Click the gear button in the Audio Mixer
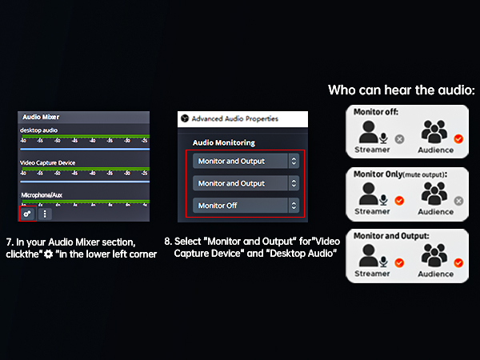click(x=27, y=214)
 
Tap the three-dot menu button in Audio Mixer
click(x=46, y=214)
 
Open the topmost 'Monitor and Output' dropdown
click(x=246, y=161)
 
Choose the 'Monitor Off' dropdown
click(x=246, y=206)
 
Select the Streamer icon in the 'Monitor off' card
click(x=371, y=133)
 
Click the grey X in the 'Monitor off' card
click(x=399, y=138)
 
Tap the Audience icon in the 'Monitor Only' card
click(x=436, y=195)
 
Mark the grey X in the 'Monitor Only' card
click(x=459, y=201)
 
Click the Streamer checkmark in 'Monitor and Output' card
click(x=399, y=263)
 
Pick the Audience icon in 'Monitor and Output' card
click(x=436, y=257)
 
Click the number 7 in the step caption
click(x=8, y=241)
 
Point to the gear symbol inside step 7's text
click(x=50, y=254)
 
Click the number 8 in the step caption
click(x=167, y=241)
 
